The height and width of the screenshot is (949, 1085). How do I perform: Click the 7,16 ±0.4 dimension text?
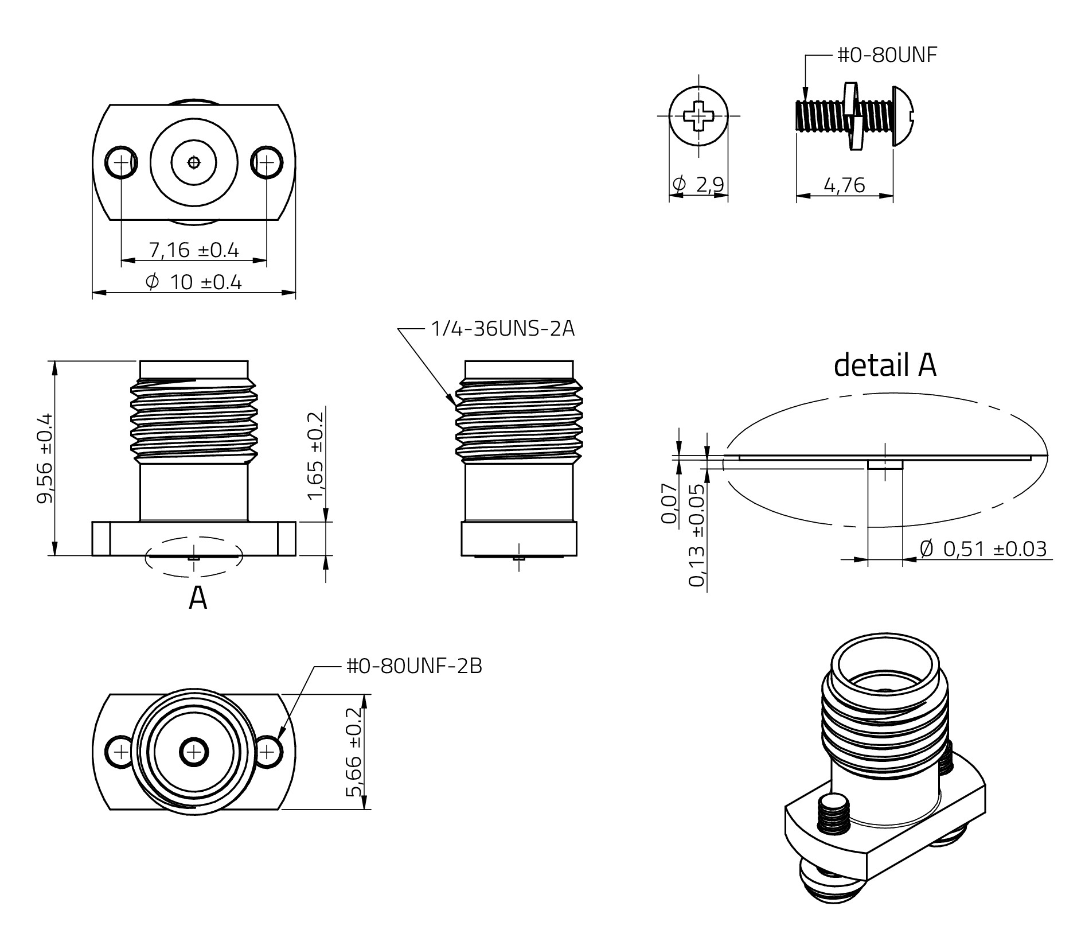pyautogui.click(x=194, y=250)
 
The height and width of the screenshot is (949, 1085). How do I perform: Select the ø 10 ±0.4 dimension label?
pyautogui.click(x=194, y=282)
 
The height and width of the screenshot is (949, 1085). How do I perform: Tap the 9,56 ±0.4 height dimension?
pyautogui.click(x=45, y=458)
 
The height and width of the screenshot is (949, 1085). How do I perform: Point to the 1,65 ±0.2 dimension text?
pyautogui.click(x=316, y=456)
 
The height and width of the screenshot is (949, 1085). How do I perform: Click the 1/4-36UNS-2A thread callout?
pyautogui.click(x=502, y=329)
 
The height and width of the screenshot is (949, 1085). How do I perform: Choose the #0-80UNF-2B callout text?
pyautogui.click(x=414, y=666)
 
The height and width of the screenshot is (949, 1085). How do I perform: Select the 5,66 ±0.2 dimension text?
pyautogui.click(x=354, y=752)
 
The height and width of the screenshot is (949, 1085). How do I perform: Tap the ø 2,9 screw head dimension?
pyautogui.click(x=698, y=185)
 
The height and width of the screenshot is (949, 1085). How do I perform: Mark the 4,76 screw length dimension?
pyautogui.click(x=844, y=185)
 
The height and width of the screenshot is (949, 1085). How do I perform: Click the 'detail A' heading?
pyautogui.click(x=885, y=365)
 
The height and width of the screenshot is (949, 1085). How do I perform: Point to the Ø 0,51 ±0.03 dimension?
pyautogui.click(x=983, y=549)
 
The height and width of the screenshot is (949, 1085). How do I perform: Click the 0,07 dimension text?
pyautogui.click(x=669, y=503)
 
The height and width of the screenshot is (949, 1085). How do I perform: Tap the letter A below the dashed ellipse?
pyautogui.click(x=198, y=598)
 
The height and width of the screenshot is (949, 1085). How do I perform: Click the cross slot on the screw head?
pyautogui.click(x=698, y=116)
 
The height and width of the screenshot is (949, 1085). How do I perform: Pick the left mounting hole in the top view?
pyautogui.click(x=121, y=162)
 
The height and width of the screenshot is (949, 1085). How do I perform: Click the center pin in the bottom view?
pyautogui.click(x=194, y=752)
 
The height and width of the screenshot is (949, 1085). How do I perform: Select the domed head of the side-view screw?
pyautogui.click(x=906, y=116)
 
